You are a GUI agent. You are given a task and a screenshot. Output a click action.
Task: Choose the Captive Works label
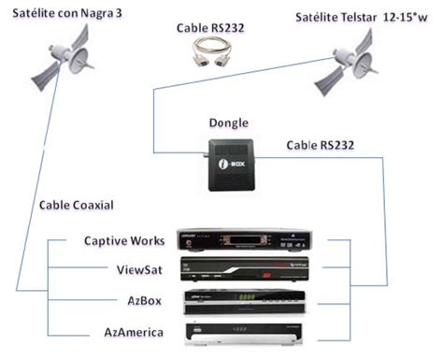coord(123,242)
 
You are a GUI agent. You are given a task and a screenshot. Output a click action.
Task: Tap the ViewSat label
coord(138,271)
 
